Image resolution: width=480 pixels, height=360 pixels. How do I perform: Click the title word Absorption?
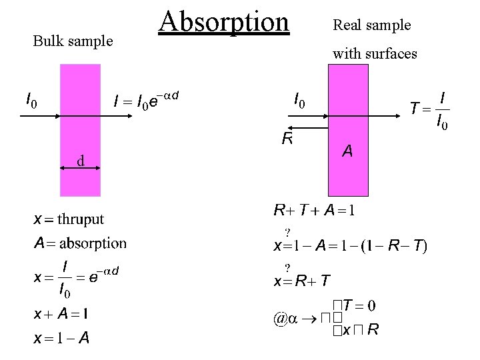224,21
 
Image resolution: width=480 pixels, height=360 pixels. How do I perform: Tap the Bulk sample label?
73,41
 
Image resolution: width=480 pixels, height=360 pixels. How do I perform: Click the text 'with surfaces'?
375,53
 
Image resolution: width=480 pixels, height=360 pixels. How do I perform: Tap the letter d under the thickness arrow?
79,161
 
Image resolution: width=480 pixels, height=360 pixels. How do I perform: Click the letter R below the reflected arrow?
287,139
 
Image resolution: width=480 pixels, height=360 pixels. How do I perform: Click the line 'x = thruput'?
69,219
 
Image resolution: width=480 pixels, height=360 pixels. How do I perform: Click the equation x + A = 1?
63,313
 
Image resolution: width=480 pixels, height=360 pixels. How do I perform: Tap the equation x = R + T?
301,281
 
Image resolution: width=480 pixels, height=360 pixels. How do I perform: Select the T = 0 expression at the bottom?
360,305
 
